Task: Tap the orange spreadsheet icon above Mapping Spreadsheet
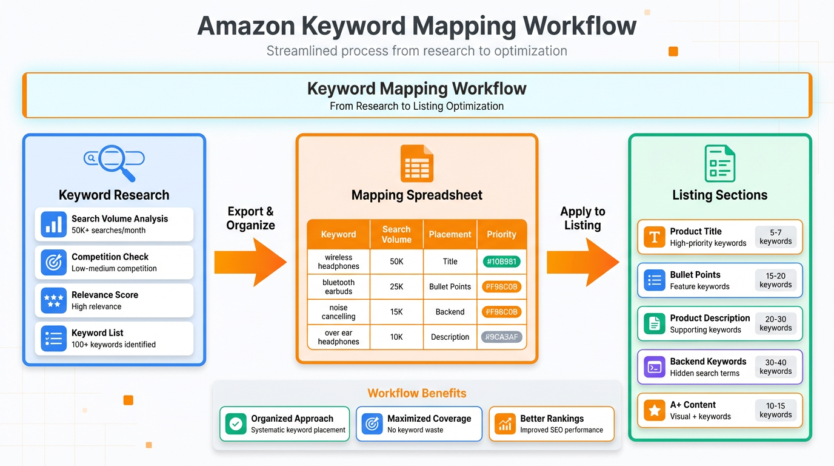tap(417, 163)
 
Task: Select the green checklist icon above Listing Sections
tap(719, 163)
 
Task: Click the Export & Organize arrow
tap(250, 262)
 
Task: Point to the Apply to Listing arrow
tap(582, 262)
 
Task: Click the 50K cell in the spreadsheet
tap(396, 262)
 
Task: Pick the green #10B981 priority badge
tap(501, 262)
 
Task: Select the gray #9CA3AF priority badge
tap(501, 337)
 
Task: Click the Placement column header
tap(450, 234)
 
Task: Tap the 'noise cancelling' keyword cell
tap(338, 312)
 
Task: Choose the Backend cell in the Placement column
tap(450, 312)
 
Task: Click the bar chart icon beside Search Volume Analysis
tap(54, 225)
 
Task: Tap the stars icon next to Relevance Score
tap(54, 300)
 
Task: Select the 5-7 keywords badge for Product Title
tap(775, 237)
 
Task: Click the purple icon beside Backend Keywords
tap(655, 367)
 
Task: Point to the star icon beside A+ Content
tap(655, 411)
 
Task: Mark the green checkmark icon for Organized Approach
tap(236, 424)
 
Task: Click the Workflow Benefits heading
tap(417, 393)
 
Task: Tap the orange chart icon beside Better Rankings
tap(505, 424)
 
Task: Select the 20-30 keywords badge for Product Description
tap(775, 323)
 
